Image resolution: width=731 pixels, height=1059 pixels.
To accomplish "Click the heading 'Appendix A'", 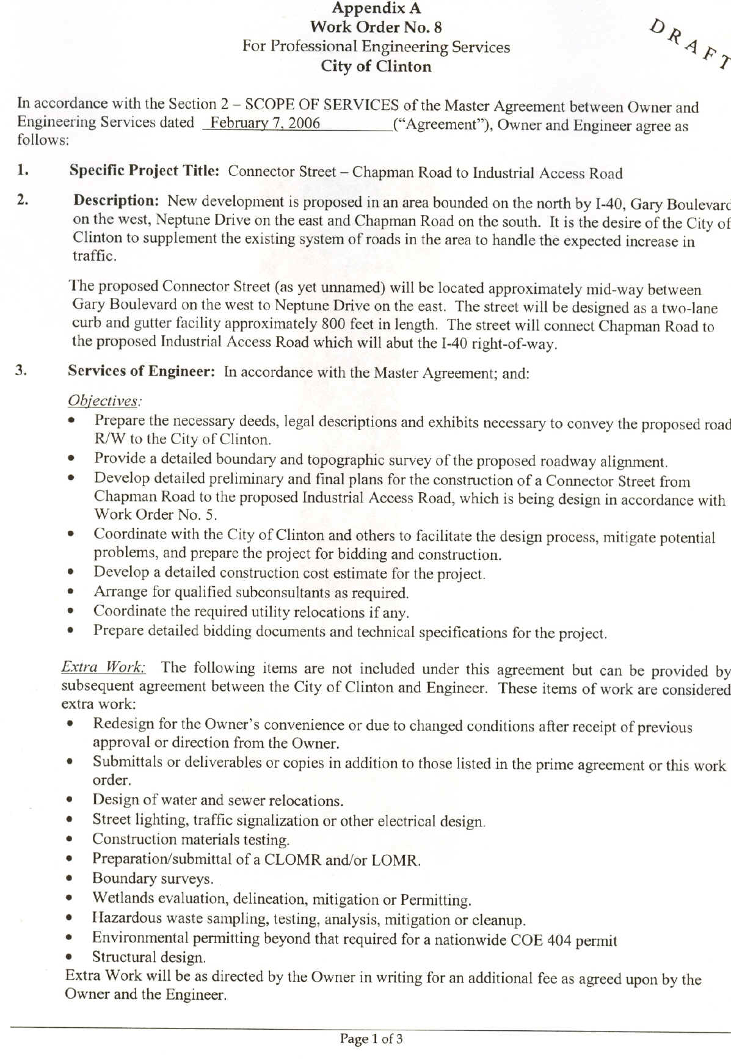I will click(x=376, y=9).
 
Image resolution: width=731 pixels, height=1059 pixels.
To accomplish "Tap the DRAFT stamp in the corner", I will click(x=689, y=45).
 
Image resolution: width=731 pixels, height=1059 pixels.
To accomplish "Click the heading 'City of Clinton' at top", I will click(x=376, y=67).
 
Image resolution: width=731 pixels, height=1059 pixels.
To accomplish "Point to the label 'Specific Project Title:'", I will click(x=144, y=171).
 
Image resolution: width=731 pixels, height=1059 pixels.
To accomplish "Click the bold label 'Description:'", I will click(x=117, y=200).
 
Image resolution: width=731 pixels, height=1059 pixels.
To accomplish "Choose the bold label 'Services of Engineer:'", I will click(x=141, y=371).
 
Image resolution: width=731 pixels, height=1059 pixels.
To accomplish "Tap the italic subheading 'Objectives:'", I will click(x=104, y=401).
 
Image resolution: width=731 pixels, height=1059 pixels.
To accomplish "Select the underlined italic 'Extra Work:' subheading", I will click(x=103, y=667).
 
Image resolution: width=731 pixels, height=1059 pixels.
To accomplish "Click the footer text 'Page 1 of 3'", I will click(x=371, y=1039).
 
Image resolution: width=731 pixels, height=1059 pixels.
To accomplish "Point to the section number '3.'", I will click(x=21, y=370).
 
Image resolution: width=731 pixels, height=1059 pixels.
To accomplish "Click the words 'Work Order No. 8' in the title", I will click(x=376, y=27).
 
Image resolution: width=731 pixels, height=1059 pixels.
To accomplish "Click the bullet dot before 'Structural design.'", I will click(x=71, y=957).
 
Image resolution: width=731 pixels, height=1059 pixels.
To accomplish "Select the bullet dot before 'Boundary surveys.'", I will click(x=71, y=879).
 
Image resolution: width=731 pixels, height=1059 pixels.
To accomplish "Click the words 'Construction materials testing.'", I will click(x=191, y=840).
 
